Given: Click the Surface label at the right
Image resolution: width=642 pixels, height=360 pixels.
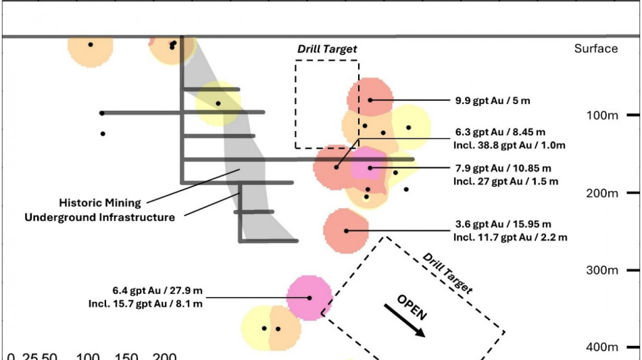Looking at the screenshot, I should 595,49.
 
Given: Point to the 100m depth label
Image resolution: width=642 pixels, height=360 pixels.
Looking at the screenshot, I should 595,115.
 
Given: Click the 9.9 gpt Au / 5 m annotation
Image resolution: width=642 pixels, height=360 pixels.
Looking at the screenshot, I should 493,101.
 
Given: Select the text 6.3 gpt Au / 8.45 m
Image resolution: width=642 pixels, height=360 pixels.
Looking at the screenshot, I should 505,133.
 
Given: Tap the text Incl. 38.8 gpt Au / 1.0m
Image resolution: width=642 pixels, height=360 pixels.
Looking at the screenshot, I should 510,145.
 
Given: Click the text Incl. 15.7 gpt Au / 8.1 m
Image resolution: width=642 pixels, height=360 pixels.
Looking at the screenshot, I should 145,303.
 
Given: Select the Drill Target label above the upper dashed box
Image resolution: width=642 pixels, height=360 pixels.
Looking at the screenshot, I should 327,49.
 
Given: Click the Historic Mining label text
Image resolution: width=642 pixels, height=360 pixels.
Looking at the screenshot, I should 100,203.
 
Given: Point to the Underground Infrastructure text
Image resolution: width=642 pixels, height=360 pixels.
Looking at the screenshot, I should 100,217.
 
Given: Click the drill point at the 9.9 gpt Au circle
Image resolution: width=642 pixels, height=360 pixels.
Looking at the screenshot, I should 371,100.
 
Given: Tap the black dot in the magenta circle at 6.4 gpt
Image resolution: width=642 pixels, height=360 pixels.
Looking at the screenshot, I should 310,297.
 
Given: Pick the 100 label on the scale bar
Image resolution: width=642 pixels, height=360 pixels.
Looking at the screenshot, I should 89,356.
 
